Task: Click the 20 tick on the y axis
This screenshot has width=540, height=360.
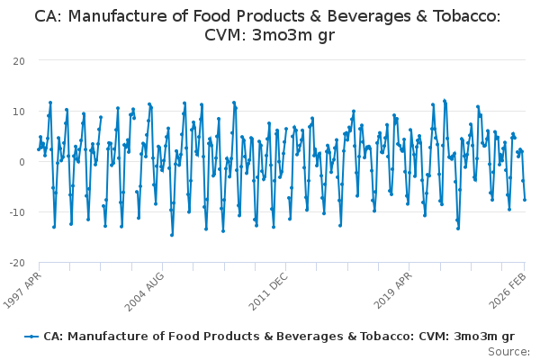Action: [18, 60]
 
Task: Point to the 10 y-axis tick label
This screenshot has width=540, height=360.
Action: [18, 111]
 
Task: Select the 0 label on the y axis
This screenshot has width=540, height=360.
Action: [21, 161]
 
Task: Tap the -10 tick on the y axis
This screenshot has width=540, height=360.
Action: [16, 211]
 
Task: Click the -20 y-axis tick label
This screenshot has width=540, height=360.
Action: [16, 262]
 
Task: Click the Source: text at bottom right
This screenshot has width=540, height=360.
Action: [509, 351]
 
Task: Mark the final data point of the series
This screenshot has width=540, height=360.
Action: [525, 200]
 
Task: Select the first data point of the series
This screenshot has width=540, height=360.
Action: [38, 149]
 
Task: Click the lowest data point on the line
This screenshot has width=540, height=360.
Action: [171, 235]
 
